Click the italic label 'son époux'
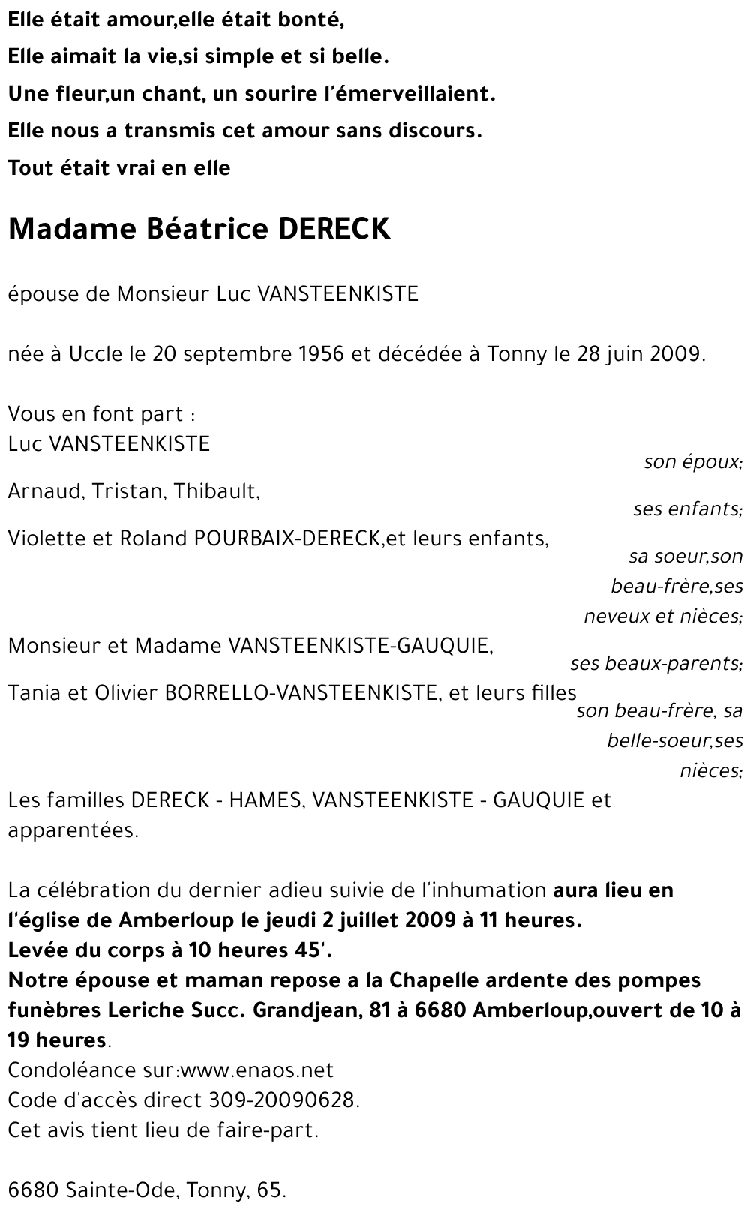(692, 462)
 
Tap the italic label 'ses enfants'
(687, 509)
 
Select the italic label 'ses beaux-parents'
(655, 664)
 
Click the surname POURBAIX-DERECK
(287, 539)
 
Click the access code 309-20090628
(280, 1100)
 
